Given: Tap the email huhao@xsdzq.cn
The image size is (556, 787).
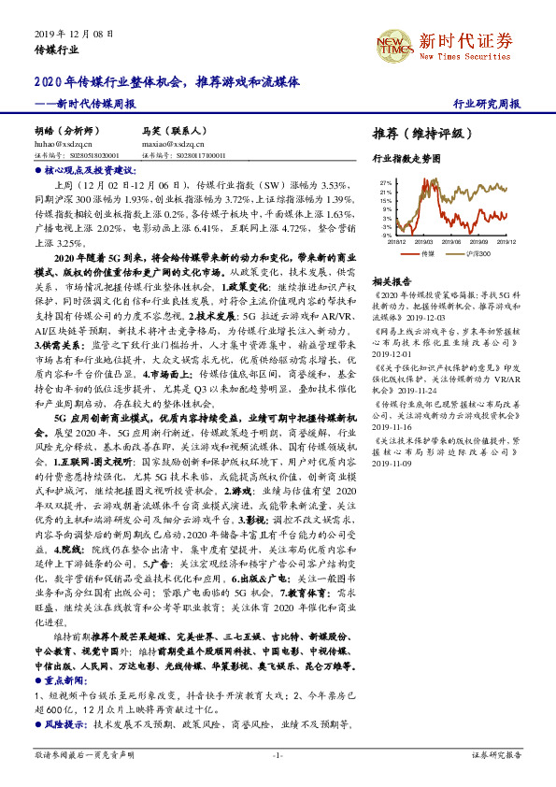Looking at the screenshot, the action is (x=64, y=145).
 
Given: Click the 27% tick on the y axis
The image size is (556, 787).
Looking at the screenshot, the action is (x=386, y=183).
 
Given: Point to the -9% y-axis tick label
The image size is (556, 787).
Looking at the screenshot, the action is (x=386, y=236).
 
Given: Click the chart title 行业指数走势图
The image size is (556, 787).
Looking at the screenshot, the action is (x=406, y=160).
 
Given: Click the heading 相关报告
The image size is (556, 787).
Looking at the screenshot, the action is (x=392, y=280).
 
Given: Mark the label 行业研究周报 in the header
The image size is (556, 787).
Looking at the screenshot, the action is (x=486, y=104).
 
